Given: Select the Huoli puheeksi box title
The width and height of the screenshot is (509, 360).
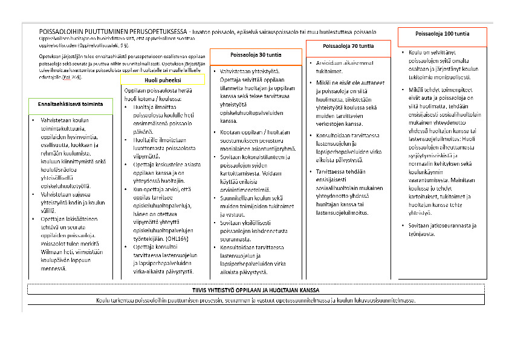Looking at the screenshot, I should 163,79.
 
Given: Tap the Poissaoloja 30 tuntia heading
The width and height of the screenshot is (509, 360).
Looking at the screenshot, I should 256,55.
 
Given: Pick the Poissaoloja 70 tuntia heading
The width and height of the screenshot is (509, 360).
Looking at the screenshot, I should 348,47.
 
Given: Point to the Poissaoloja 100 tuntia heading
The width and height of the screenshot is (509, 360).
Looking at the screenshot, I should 443,34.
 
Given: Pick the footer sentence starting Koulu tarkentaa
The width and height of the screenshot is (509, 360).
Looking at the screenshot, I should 256,301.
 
